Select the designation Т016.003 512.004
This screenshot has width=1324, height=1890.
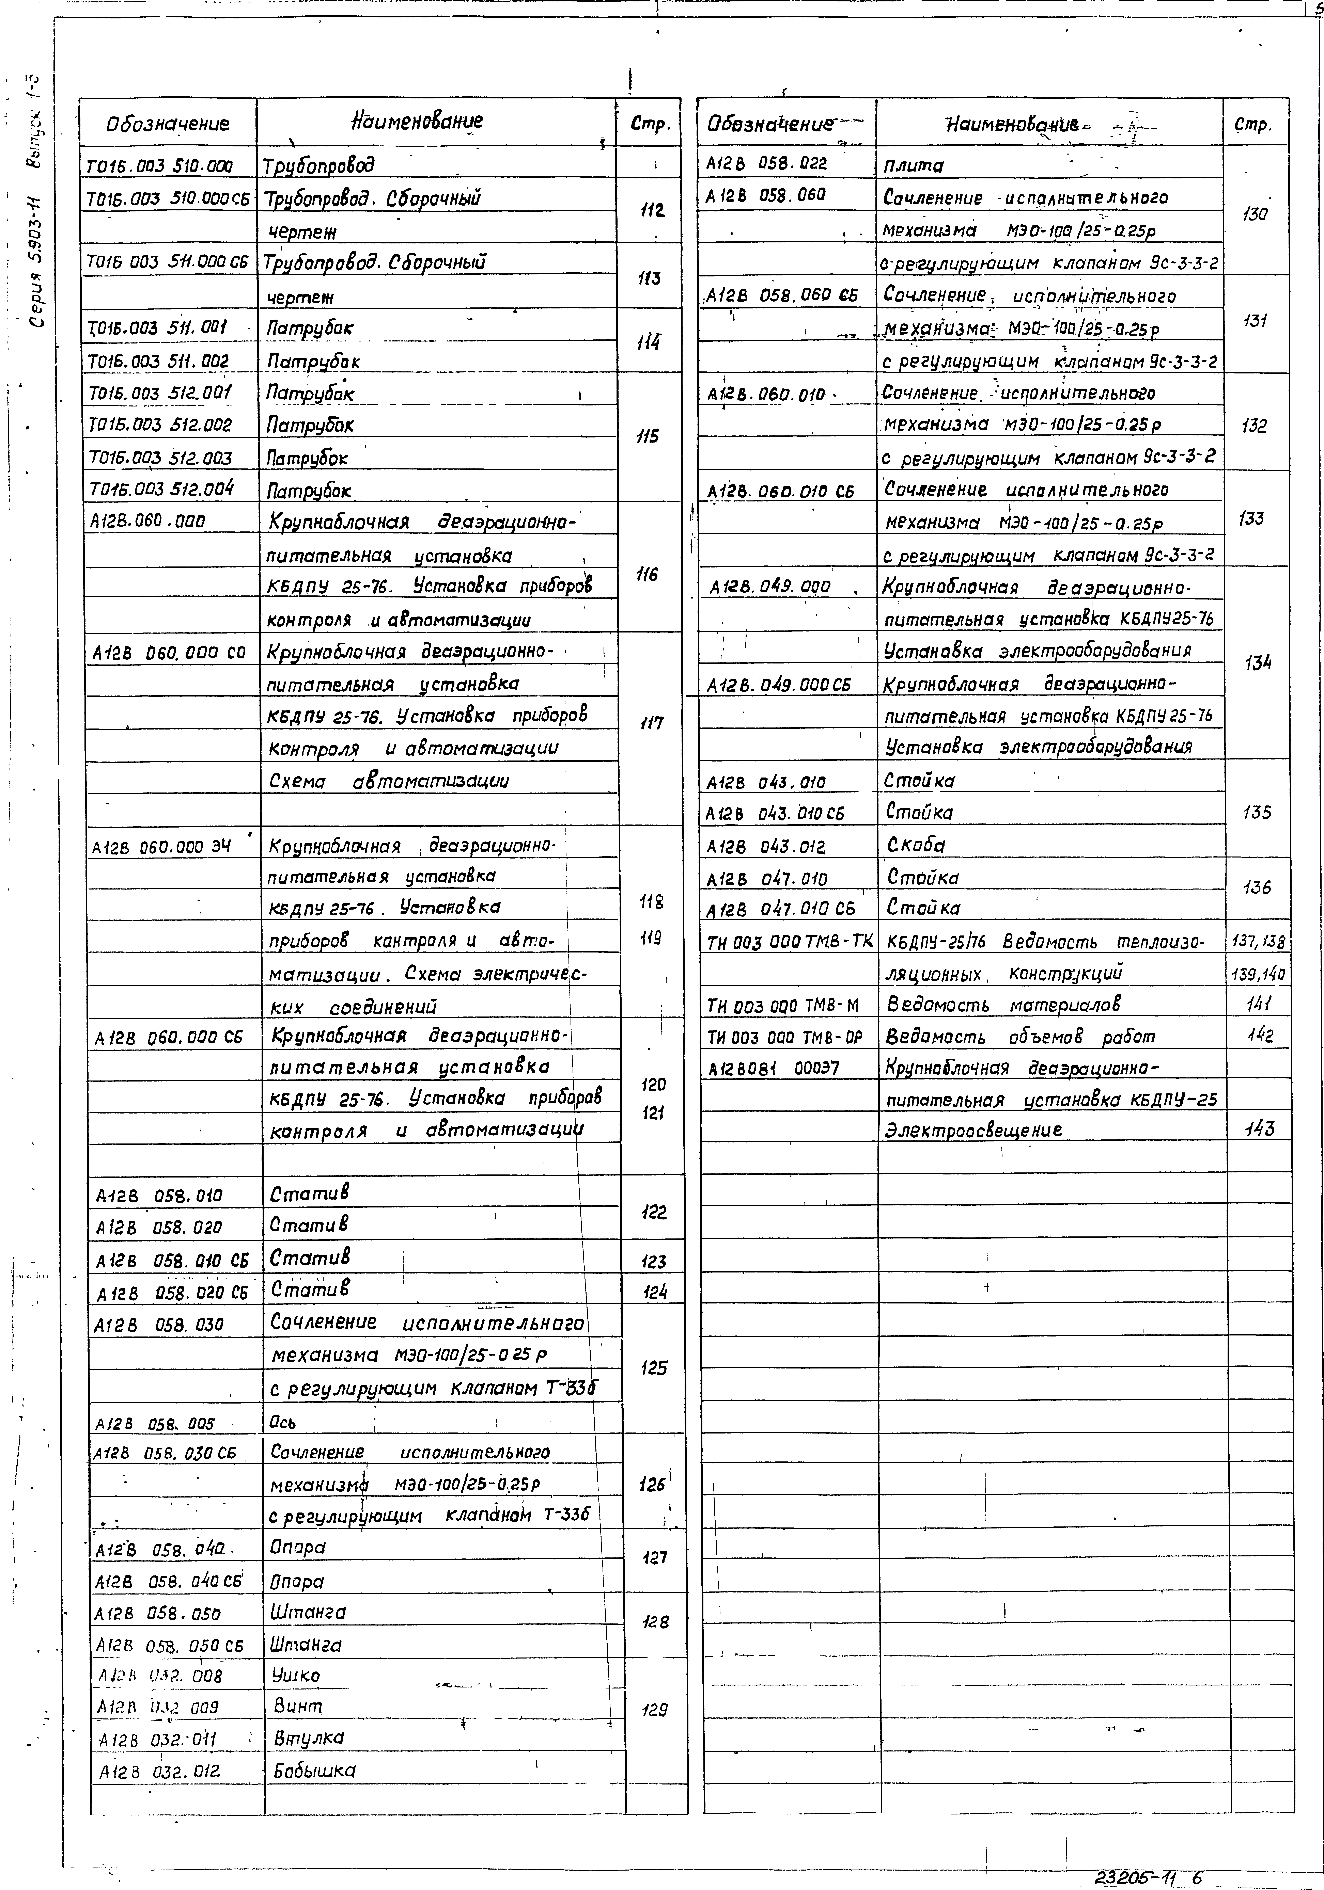point(160,489)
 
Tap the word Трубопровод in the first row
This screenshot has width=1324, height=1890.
point(319,165)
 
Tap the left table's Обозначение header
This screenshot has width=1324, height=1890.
point(168,124)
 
